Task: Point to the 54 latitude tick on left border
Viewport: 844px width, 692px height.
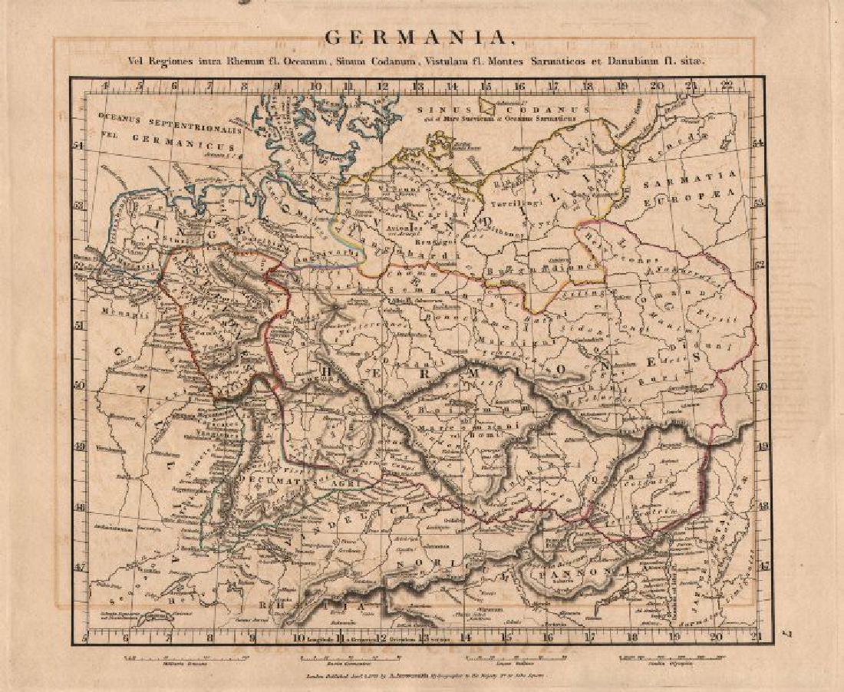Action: [x=79, y=143]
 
